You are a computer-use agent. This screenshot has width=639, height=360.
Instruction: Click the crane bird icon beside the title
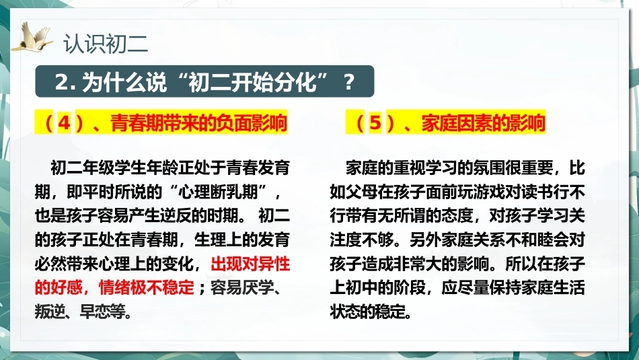pyautogui.click(x=32, y=38)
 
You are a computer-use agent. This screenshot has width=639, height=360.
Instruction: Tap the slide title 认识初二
pyautogui.click(x=106, y=44)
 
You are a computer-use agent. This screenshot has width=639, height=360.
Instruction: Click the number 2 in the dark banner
pyautogui.click(x=62, y=82)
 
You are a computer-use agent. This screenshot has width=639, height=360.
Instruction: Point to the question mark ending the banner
pyautogui.click(x=348, y=82)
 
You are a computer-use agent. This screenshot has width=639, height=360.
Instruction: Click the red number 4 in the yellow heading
pyautogui.click(x=65, y=122)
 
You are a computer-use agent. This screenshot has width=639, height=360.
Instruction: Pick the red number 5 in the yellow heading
pyautogui.click(x=375, y=122)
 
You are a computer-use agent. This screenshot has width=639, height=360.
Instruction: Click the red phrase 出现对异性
pyautogui.click(x=250, y=264)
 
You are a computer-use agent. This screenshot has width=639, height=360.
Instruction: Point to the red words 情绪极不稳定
pyautogui.click(x=147, y=288)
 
